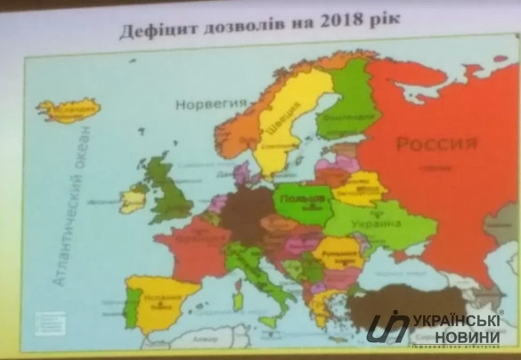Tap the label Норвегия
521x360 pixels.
coord(211,103)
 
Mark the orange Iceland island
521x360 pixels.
coord(68,111)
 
